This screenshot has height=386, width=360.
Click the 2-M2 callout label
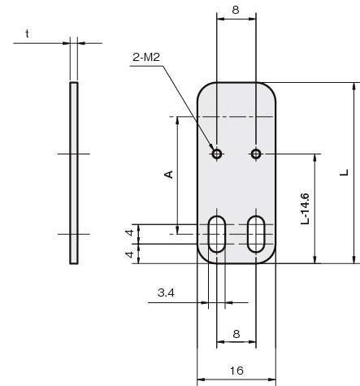(146, 57)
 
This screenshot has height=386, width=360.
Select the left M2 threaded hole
(217, 154)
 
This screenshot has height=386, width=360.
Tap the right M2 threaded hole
(256, 154)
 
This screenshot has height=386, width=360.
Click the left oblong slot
(217, 234)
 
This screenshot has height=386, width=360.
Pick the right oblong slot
(256, 234)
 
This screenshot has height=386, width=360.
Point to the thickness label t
(28, 34)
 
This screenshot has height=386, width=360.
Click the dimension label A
(169, 175)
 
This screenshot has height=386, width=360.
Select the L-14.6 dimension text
(305, 209)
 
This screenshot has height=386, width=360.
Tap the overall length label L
(344, 172)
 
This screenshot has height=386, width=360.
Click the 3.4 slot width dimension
(166, 293)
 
